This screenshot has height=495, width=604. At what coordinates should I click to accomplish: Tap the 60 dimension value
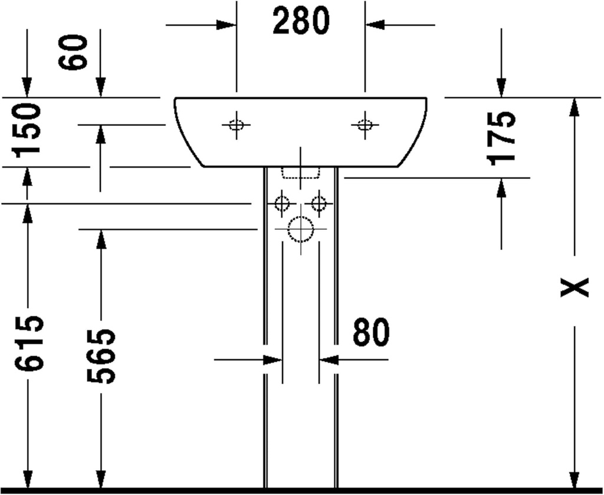point(76,52)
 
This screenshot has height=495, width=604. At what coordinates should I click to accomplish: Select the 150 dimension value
point(28,129)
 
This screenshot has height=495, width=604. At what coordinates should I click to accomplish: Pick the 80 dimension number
point(371,333)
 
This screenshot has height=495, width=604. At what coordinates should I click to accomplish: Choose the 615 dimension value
point(29,344)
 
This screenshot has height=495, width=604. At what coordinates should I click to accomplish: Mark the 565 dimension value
point(101,356)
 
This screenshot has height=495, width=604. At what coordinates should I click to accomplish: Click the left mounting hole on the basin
point(236,125)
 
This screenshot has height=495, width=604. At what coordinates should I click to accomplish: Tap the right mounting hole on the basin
point(365,125)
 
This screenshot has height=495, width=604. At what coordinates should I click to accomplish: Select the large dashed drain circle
point(301,229)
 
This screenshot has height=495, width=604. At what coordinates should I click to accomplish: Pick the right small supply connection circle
point(319,204)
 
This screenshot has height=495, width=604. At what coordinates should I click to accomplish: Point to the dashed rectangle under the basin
point(300,172)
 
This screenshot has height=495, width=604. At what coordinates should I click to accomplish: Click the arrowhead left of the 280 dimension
point(226,25)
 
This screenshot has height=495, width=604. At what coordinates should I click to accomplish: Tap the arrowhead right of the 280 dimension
point(375,25)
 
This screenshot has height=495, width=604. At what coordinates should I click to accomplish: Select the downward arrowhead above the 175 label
point(501,88)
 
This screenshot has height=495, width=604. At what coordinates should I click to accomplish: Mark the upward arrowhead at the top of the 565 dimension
point(101,237)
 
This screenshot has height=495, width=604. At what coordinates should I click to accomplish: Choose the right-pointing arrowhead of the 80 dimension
point(273,359)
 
